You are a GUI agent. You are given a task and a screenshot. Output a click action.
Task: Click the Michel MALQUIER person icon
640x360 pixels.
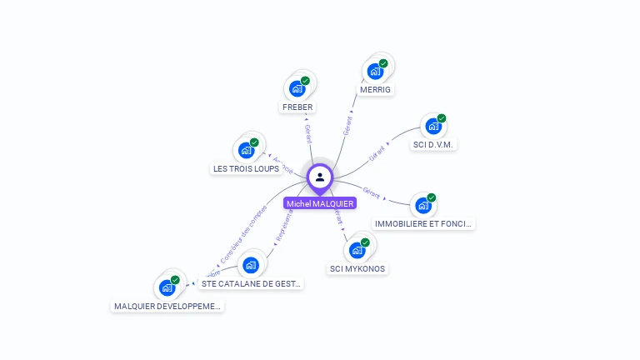(x=320, y=177)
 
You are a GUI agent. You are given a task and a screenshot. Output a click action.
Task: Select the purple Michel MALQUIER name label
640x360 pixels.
(x=320, y=203)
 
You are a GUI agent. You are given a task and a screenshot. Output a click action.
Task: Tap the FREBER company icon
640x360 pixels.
(x=297, y=87)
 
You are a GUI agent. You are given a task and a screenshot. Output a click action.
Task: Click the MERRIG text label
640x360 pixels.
(x=375, y=89)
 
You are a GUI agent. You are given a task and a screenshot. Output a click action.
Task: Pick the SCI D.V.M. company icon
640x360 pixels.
(x=432, y=126)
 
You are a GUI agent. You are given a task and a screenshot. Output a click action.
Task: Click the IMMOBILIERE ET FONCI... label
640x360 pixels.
(x=424, y=223)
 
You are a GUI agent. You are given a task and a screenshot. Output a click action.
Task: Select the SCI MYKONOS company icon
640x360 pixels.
(x=357, y=250)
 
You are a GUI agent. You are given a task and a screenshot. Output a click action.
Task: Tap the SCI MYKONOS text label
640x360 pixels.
(x=357, y=268)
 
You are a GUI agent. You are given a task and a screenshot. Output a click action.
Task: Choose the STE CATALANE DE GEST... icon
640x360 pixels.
(x=251, y=265)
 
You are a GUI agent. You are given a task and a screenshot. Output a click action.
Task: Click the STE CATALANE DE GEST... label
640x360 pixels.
(x=251, y=283)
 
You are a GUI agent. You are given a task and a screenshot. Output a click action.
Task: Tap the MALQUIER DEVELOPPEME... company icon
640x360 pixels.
(x=167, y=287)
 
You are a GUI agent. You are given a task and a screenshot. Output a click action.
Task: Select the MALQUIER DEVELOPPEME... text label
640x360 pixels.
(x=167, y=306)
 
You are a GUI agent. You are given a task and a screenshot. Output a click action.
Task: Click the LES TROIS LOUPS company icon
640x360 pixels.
(x=246, y=150)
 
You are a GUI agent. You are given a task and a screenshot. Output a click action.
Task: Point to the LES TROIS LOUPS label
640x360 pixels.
(x=246, y=168)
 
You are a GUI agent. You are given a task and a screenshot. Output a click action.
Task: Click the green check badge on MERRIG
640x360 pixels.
(x=383, y=63)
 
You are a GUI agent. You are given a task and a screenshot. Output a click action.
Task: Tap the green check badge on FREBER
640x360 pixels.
(x=305, y=81)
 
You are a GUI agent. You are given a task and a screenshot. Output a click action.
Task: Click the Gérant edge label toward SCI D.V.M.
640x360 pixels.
(x=377, y=152)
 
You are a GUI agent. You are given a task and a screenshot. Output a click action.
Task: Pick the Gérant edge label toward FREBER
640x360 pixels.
(x=307, y=134)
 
